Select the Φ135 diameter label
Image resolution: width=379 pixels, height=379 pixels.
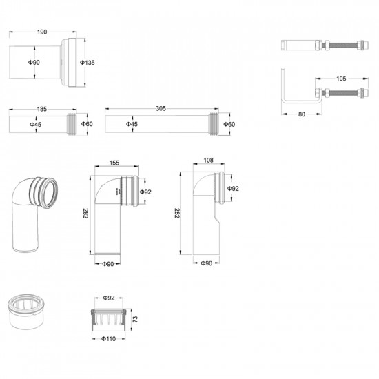coord(87,63)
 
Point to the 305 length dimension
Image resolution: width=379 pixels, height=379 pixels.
coord(161,109)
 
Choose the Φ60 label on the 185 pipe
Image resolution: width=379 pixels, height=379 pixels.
coord(88,124)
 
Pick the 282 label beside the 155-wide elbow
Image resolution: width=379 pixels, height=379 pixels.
coord(85,214)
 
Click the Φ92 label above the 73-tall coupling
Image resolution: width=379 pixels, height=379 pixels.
coord(108,298)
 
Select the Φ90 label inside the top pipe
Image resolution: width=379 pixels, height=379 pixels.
coord(34,63)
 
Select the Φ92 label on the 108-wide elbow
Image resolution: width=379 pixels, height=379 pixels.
coord(234,188)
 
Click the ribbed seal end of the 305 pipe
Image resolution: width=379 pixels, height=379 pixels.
coord(217,125)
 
